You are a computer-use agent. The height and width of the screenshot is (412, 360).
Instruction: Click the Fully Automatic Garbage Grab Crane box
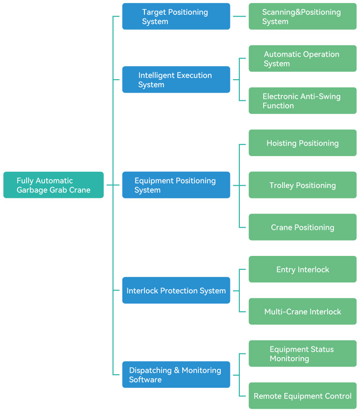pyautogui.click(x=53, y=185)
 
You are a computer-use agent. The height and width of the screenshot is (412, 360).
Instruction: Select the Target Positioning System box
pyautogui.click(x=176, y=17)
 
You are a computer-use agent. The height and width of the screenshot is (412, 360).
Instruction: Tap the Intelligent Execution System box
pyautogui.click(x=176, y=80)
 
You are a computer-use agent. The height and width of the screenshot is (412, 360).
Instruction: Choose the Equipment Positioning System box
pyautogui.click(x=176, y=185)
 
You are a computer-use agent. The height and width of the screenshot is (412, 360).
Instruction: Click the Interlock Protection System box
pyautogui.click(x=176, y=291)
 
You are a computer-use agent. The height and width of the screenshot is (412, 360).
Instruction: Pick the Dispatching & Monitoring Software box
pyautogui.click(x=176, y=375)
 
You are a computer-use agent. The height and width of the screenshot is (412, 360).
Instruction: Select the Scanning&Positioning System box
pyautogui.click(x=302, y=17)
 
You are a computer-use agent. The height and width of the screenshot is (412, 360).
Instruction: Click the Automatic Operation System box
pyautogui.click(x=302, y=58)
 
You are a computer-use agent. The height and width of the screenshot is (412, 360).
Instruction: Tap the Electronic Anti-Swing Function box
pyautogui.click(x=302, y=101)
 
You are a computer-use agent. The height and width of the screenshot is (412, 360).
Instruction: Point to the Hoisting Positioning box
pyautogui.click(x=302, y=143)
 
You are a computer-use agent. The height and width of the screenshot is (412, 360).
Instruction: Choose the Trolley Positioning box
pyautogui.click(x=302, y=185)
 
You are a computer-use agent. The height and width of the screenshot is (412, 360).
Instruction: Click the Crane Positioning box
pyautogui.click(x=302, y=227)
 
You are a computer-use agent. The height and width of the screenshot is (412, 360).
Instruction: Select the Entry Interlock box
pyautogui.click(x=302, y=269)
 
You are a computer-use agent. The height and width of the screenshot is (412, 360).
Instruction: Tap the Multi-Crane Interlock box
pyautogui.click(x=302, y=311)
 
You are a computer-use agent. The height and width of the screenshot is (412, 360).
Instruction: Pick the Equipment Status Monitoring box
pyautogui.click(x=302, y=354)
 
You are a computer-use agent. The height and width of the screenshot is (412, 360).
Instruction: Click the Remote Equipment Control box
pyautogui.click(x=302, y=396)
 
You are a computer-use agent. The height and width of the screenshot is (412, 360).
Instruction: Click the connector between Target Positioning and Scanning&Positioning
pyautogui.click(x=239, y=17)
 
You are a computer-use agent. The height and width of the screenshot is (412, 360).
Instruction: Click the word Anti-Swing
pyautogui.click(x=320, y=96)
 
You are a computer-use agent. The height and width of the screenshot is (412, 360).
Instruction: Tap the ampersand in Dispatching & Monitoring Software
pyautogui.click(x=177, y=370)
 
